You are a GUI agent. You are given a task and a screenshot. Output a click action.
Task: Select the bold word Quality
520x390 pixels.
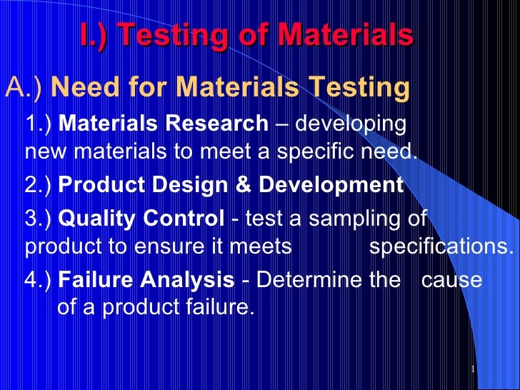click(89, 219)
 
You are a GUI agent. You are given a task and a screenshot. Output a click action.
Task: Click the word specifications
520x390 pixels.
click(441, 246)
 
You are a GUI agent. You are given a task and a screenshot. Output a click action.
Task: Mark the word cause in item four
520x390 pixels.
click(451, 280)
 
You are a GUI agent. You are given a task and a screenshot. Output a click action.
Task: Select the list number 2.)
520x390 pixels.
click(39, 185)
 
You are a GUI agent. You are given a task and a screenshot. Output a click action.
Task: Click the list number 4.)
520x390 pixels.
click(39, 280)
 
